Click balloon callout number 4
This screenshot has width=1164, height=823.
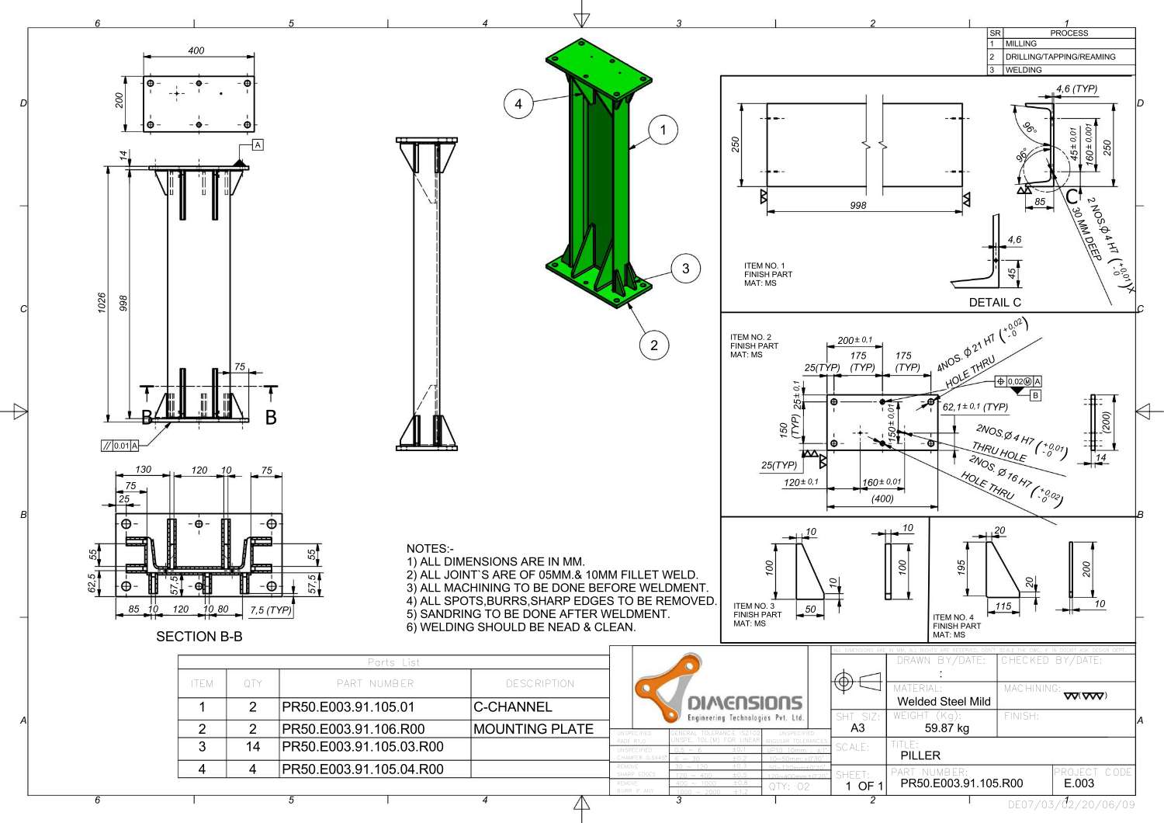tap(518, 104)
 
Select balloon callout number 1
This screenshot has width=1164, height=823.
tap(663, 130)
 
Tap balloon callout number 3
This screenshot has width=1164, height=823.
tap(685, 269)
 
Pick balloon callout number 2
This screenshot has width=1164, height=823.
tap(654, 346)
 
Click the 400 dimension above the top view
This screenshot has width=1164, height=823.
tap(196, 50)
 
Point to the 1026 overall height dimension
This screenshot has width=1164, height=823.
tap(102, 302)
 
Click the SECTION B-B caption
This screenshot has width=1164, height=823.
tap(199, 637)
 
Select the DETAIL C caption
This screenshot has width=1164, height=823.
tap(995, 302)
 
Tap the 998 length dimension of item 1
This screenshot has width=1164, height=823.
tap(857, 206)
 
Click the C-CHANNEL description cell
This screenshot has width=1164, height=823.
tap(513, 707)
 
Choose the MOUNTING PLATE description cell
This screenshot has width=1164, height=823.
tap(533, 729)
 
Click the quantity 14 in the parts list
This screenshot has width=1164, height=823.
tap(253, 747)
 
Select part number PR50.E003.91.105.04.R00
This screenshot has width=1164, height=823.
tap(362, 769)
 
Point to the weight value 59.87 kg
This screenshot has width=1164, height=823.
tap(947, 728)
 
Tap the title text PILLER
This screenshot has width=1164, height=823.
tap(920, 755)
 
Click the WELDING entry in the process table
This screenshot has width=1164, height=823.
tap(1024, 70)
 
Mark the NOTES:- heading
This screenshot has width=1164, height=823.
tap(430, 548)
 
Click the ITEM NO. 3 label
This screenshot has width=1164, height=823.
tap(753, 606)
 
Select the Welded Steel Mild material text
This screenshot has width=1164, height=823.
tap(944, 701)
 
